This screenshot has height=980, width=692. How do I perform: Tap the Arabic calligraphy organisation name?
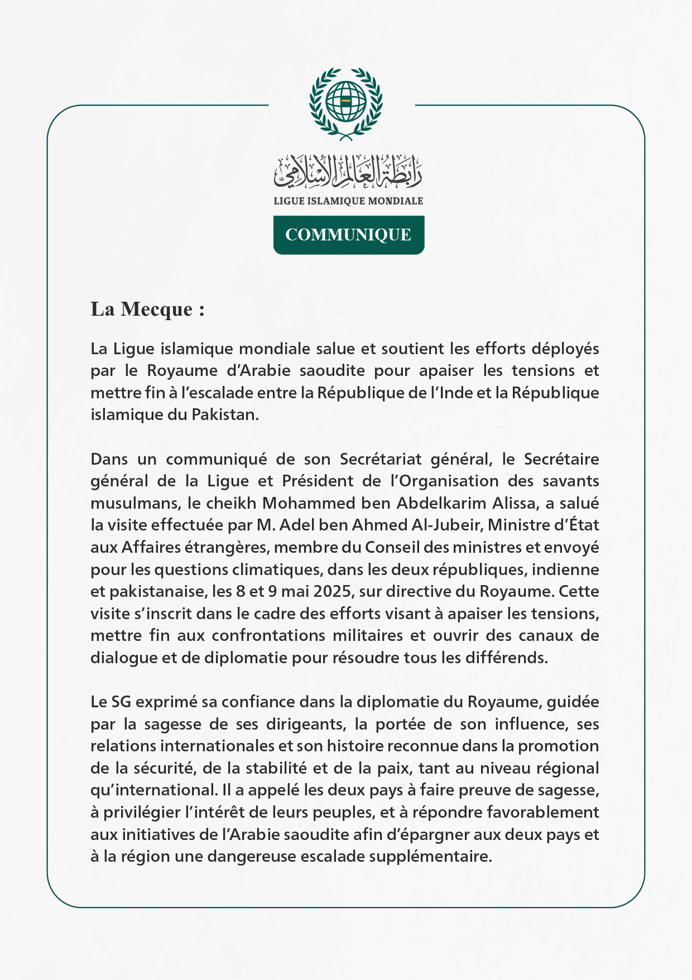[348, 171]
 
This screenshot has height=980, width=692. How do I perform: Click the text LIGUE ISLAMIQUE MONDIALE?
[348, 201]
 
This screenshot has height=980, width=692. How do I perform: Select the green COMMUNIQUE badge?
[348, 235]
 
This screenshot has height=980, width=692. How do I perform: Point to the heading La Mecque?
[147, 309]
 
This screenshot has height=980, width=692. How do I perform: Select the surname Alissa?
[516, 503]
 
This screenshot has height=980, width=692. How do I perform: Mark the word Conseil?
[393, 547]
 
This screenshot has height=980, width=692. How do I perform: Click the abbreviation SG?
[122, 702]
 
